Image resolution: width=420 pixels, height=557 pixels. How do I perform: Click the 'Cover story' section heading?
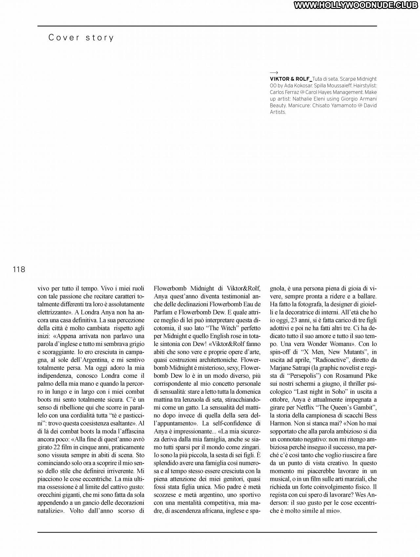click(x=81, y=38)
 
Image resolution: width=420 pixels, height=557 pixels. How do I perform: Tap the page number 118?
click(x=19, y=269)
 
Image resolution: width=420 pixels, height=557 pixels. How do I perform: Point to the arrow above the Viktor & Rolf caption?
click(x=274, y=73)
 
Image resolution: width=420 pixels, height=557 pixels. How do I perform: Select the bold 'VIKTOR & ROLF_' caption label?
click(x=291, y=79)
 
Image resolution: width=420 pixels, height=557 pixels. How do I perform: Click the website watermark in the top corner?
click(x=356, y=5)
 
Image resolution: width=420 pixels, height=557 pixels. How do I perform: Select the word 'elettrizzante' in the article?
click(x=53, y=312)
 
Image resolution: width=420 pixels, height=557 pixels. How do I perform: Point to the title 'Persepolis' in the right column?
click(x=303, y=375)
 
